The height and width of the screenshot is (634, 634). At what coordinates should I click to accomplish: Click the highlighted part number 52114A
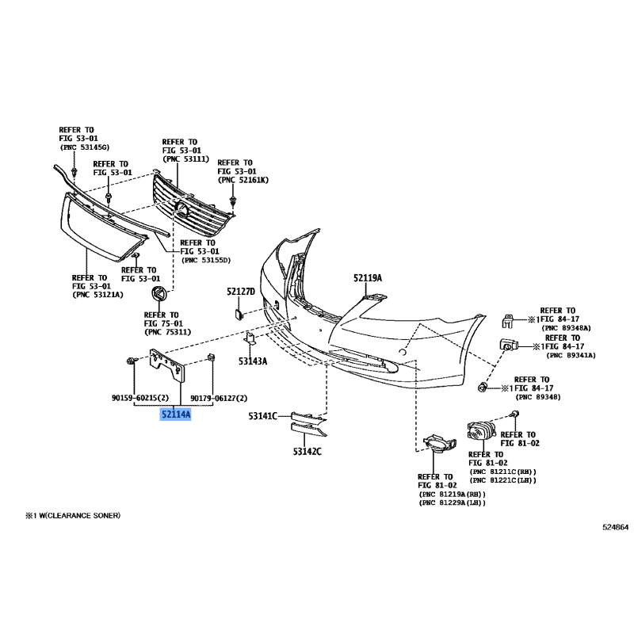[x=176, y=414]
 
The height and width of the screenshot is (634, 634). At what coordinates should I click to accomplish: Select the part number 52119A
[x=368, y=278]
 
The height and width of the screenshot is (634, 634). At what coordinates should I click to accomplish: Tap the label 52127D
[x=240, y=292]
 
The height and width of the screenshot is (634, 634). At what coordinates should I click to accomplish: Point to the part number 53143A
[x=254, y=361]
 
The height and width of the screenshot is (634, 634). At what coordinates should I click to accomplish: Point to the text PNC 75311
[x=166, y=332]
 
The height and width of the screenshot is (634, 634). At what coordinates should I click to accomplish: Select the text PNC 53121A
[x=97, y=295]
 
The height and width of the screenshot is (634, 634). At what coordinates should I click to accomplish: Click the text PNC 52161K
[x=243, y=181]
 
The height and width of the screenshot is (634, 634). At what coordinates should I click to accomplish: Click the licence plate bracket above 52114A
[x=168, y=365]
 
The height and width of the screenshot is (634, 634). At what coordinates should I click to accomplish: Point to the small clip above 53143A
[x=248, y=341]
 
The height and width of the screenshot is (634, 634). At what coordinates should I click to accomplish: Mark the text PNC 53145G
[x=86, y=147]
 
